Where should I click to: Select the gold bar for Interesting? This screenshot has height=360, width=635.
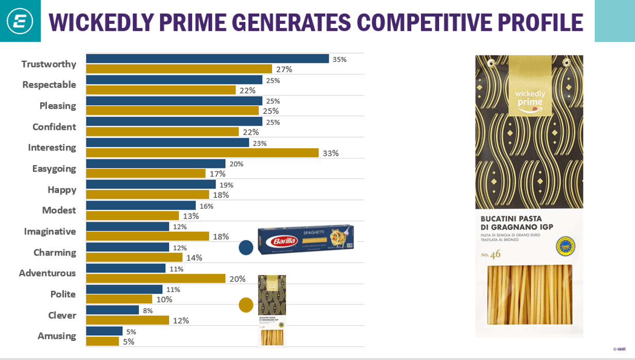tap(202, 153)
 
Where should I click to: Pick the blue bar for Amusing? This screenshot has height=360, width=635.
tap(104, 331)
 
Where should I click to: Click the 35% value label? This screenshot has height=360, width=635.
tap(340, 60)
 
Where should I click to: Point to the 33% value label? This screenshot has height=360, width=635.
tap(330, 153)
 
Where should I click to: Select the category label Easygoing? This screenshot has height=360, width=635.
tap(54, 168)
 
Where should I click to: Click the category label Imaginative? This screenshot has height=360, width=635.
tap(49, 231)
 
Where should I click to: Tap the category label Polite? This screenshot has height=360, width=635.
tap(63, 294)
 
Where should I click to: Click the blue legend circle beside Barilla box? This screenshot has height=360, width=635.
tap(246, 248)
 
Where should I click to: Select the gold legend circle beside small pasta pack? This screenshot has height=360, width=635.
tap(246, 305)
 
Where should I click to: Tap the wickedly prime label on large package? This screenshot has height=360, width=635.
tap(530, 98)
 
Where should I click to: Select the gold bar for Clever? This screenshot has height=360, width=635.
tap(127, 320)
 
